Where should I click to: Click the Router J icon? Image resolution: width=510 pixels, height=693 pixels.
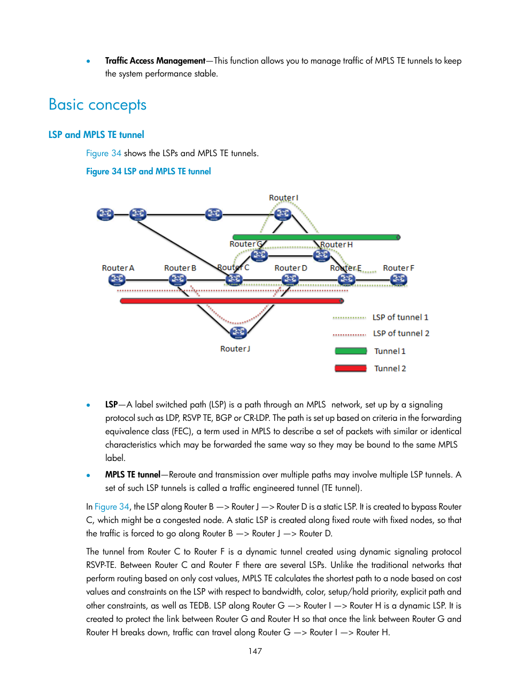[238, 333]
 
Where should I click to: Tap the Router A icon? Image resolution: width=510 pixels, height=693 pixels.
[117, 280]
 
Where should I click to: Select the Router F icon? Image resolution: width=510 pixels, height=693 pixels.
[398, 280]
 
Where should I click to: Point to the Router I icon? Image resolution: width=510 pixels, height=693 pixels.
[283, 214]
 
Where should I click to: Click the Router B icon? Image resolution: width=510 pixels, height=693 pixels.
[177, 280]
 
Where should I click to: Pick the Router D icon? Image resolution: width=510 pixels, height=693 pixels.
[290, 280]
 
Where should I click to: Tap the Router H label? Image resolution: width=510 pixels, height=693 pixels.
[336, 245]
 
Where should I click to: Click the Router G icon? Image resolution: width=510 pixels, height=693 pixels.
[259, 256]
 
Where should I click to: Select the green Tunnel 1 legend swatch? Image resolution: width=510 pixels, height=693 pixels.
[351, 351]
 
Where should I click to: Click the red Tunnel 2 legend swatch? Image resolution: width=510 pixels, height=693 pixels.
[351, 368]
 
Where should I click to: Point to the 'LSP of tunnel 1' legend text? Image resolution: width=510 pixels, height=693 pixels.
[400, 318]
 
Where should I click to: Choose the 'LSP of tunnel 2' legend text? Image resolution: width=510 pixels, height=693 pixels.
[401, 334]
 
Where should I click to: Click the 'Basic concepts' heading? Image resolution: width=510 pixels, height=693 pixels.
[97, 105]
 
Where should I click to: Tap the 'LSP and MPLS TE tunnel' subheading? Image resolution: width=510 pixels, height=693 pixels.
[96, 135]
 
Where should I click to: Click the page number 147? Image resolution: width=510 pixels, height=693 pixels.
[255, 651]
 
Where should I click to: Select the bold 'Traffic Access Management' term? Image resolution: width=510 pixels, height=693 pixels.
[155, 61]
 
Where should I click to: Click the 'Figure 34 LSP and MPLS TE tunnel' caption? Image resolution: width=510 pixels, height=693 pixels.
[149, 172]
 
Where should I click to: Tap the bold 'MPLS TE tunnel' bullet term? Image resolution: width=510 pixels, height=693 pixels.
[133, 475]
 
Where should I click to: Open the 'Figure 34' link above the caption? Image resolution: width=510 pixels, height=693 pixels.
[104, 153]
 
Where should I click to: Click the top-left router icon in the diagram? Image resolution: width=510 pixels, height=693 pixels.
[105, 214]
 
